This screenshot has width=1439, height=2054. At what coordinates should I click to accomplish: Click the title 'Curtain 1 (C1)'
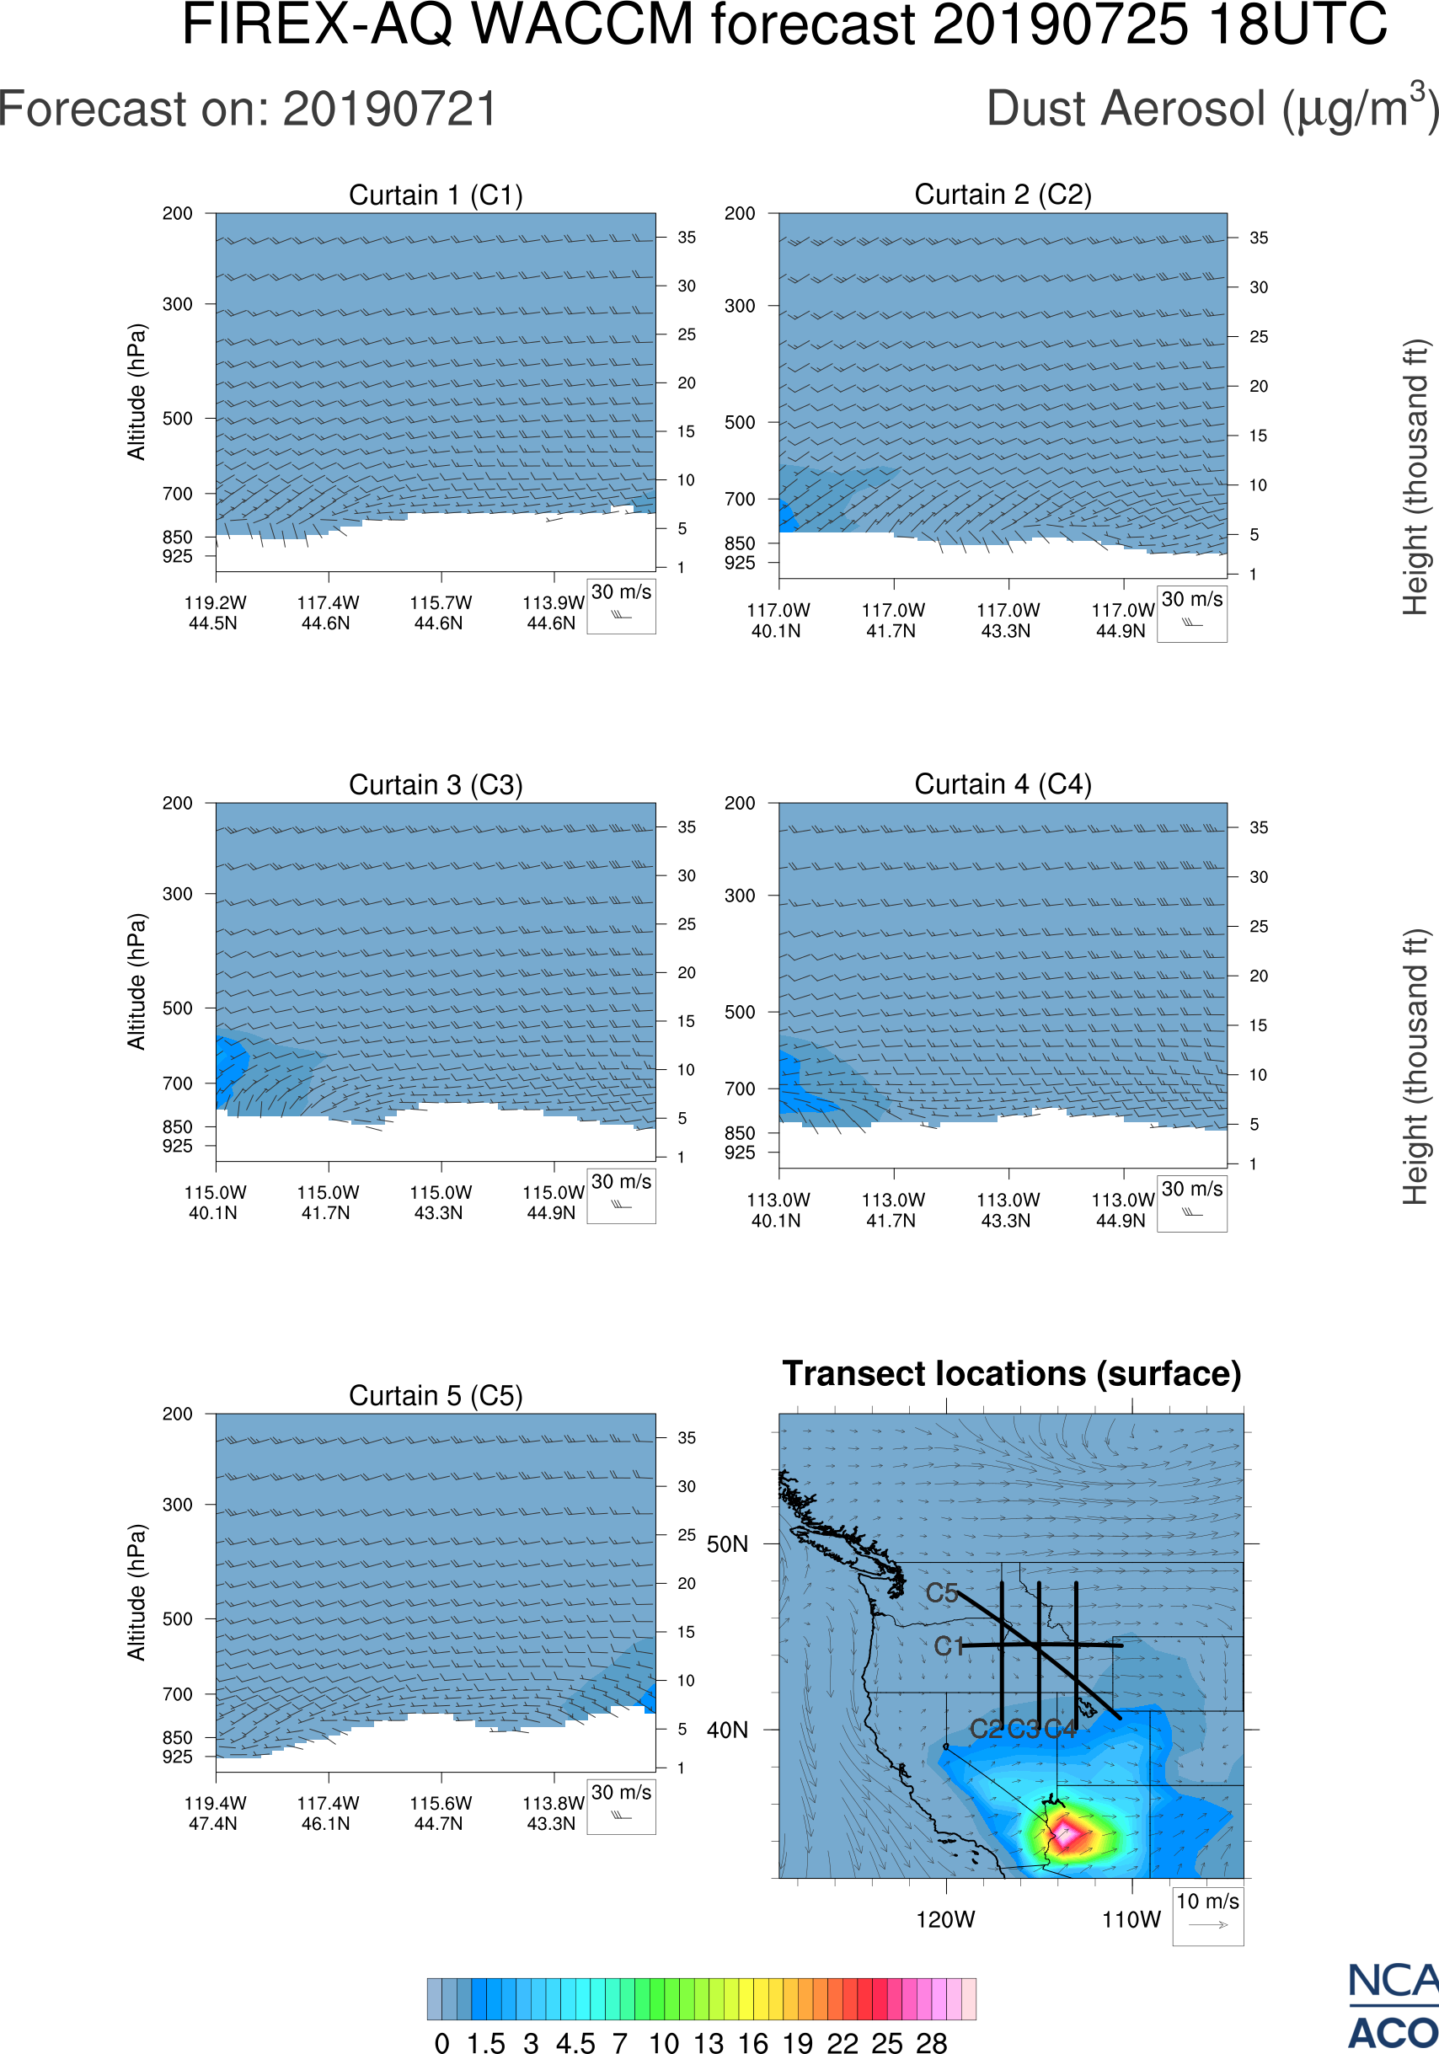click(x=436, y=195)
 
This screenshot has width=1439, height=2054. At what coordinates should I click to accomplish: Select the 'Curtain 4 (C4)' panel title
click(x=1003, y=784)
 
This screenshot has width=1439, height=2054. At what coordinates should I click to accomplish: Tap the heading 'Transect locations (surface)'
click(x=1012, y=1373)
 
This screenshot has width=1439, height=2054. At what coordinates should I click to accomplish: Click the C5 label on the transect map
click(x=942, y=1592)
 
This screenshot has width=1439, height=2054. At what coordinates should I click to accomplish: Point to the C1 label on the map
click(x=949, y=1646)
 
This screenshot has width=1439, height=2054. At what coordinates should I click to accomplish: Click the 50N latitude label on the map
click(x=727, y=1545)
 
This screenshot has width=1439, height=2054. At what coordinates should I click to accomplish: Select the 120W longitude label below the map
click(x=945, y=1920)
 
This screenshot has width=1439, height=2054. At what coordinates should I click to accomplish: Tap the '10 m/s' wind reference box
click(x=1207, y=1915)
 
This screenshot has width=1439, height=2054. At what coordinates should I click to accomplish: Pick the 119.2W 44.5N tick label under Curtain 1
click(x=215, y=612)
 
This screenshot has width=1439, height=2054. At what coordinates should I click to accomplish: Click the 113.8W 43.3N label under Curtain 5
click(x=552, y=1813)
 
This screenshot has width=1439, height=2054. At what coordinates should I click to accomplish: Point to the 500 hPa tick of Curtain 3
click(x=177, y=1008)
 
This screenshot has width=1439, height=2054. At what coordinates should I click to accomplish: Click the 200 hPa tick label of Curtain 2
click(x=740, y=214)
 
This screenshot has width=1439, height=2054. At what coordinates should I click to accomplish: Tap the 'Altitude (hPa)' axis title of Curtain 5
click(x=136, y=1592)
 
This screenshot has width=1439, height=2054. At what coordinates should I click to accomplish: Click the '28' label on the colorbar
click(x=931, y=2042)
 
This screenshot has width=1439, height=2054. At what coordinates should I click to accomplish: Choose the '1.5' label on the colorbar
click(x=485, y=2042)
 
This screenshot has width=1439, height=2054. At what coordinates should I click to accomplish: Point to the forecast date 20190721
click(x=390, y=110)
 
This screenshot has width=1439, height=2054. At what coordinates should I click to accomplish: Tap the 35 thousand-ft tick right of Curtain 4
click(x=1258, y=827)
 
